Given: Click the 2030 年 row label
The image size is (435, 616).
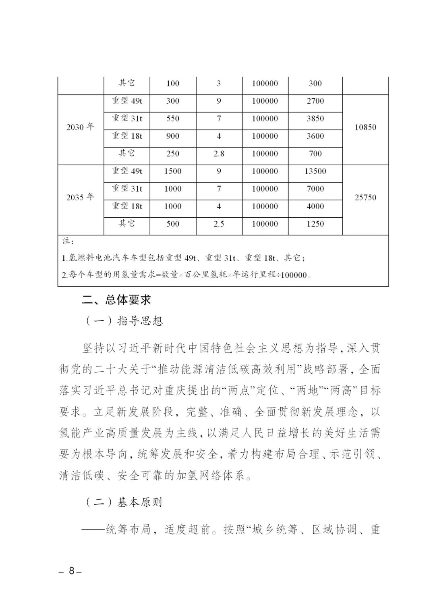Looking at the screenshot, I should click(x=80, y=127).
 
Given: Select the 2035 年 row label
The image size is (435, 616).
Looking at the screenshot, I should click(x=80, y=198).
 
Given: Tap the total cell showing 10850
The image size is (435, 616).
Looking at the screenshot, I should click(x=365, y=127).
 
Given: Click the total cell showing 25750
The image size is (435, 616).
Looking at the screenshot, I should click(x=365, y=198).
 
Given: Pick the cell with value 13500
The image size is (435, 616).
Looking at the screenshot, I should click(x=315, y=171).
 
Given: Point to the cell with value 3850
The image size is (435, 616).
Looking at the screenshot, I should click(x=315, y=119).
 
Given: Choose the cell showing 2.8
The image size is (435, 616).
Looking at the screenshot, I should click(x=219, y=154).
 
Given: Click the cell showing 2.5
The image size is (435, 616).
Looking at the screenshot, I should click(x=219, y=224).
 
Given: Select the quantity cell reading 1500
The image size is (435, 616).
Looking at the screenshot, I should click(x=173, y=171).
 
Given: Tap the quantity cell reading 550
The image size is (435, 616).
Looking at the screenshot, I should click(x=173, y=119).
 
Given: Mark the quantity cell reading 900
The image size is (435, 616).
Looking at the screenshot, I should click(x=173, y=136).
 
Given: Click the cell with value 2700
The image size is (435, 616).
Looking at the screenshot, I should click(x=315, y=101).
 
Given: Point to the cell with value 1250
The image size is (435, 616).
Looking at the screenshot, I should click(x=315, y=224).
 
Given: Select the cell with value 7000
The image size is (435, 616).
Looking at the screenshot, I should click(x=315, y=189).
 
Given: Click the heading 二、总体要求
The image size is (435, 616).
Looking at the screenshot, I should click(x=116, y=300).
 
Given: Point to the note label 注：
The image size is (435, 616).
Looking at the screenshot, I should click(x=67, y=241).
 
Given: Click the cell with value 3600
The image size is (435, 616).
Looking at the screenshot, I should click(x=315, y=136).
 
